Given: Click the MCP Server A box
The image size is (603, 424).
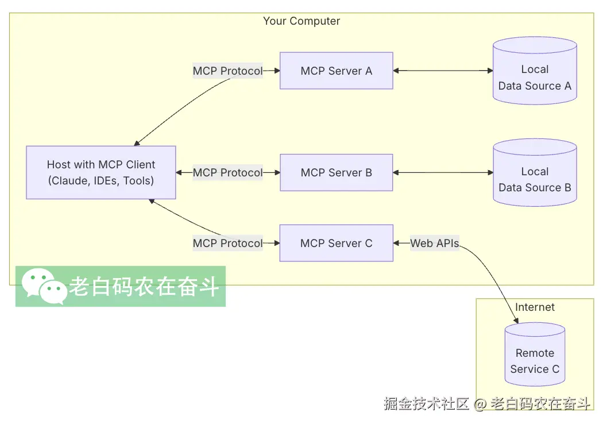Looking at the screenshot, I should pyautogui.click(x=336, y=71).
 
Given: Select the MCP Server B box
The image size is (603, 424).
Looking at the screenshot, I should pyautogui.click(x=336, y=172).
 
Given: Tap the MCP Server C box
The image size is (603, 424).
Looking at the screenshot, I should pyautogui.click(x=336, y=243).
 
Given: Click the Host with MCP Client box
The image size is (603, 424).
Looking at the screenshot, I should pyautogui.click(x=101, y=172).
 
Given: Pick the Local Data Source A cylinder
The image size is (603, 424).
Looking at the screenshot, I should pyautogui.click(x=535, y=78).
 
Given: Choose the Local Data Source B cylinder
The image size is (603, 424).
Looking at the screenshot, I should pyautogui.click(x=535, y=179).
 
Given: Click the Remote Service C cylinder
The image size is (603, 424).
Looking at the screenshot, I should pyautogui.click(x=535, y=361).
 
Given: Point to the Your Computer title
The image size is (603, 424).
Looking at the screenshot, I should pyautogui.click(x=301, y=21).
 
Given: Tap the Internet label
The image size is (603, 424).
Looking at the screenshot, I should pyautogui.click(x=535, y=307).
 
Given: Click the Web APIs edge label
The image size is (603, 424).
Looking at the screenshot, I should pyautogui.click(x=435, y=243).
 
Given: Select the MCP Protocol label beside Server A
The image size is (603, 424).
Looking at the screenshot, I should pyautogui.click(x=227, y=71).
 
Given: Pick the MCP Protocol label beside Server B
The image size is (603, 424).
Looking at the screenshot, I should pyautogui.click(x=227, y=172).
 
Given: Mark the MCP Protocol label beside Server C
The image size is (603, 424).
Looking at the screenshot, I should pyautogui.click(x=227, y=243).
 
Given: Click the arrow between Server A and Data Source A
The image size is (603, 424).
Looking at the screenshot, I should pyautogui.click(x=443, y=71).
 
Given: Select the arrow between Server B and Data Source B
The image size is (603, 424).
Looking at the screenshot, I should pyautogui.click(x=443, y=172).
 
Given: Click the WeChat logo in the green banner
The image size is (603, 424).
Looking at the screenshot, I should pyautogui.click(x=44, y=286).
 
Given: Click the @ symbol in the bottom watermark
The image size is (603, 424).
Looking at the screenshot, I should pyautogui.click(x=480, y=404).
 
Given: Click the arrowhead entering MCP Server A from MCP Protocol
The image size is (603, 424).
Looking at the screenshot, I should pyautogui.click(x=276, y=71).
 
